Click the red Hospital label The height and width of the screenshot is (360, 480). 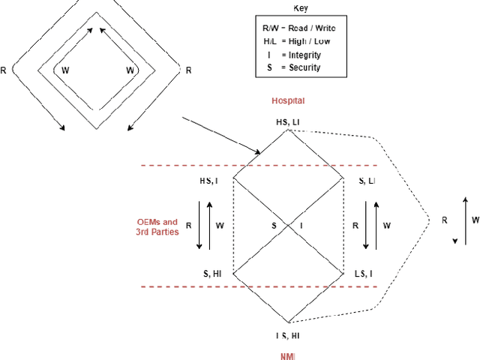point(288,100)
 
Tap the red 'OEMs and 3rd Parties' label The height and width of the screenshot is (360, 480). point(157,227)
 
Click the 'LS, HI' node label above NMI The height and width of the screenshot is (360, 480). point(288,335)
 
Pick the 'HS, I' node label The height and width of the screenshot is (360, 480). point(209,181)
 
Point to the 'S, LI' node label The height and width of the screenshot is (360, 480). point(367,181)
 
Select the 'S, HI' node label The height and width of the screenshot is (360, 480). point(211,274)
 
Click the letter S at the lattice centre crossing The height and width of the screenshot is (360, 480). point(275,225)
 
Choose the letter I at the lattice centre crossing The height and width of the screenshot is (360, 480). point(301,225)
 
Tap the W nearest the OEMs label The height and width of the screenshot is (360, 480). point(220,225)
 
